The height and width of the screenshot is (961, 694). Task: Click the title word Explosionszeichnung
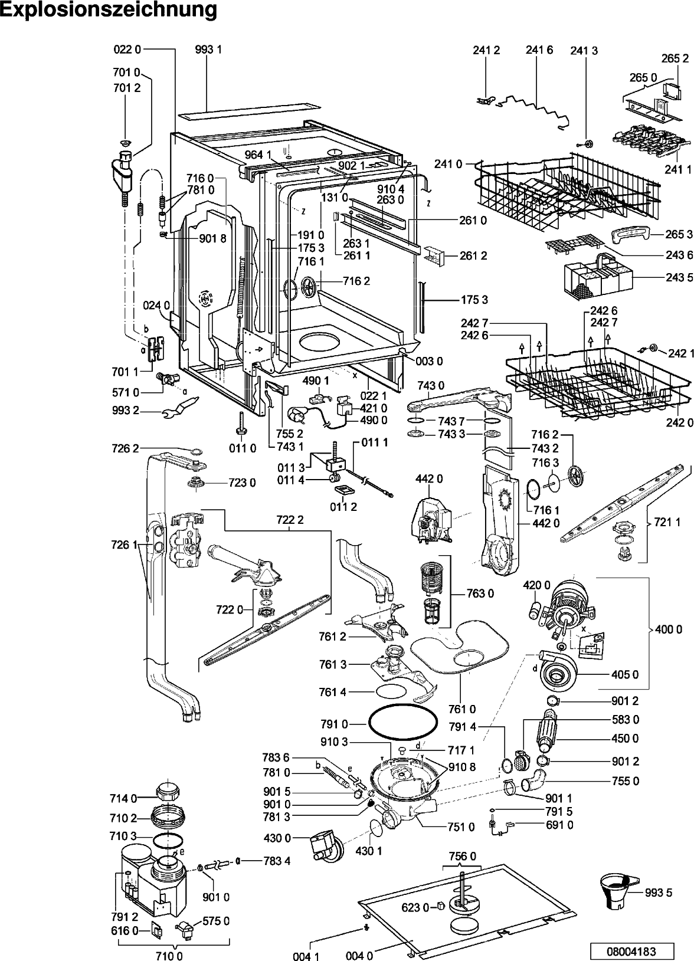[x=109, y=10]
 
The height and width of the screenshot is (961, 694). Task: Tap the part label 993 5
[x=660, y=893]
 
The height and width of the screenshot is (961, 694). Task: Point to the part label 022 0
[x=127, y=50]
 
